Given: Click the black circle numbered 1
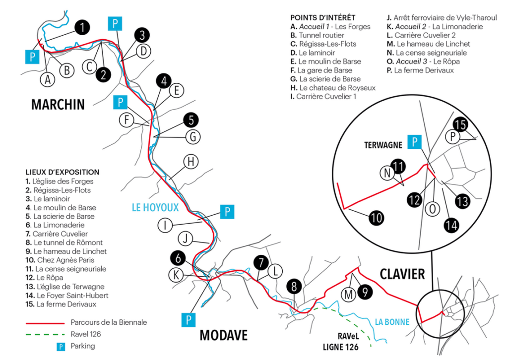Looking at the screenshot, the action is pos(82,27).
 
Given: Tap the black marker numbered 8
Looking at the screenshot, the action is pos(294,286).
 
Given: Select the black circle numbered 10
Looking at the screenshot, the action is pos(377,218).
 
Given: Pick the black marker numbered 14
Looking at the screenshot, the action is pos(451,225).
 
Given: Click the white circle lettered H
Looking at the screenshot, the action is pos(191,161).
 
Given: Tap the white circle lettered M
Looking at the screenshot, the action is pos(348,295).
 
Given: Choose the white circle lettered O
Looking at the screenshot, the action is pos(433,209).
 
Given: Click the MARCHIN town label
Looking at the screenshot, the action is pos(58,105).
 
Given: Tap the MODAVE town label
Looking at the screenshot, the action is pos(224,335).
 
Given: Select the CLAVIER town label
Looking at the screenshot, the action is pos(402,274).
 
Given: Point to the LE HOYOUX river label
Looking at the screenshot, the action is pos(155,207).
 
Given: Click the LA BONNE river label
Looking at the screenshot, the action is pos(392,322).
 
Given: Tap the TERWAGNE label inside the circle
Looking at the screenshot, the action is pos(383,145).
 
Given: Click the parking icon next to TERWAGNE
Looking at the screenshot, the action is pos(414,142).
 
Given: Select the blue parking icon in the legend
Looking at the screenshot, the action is pos(61,347).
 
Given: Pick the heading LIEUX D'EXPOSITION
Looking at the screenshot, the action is pos(63,172).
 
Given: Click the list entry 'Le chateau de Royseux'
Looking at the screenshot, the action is pos(333,88).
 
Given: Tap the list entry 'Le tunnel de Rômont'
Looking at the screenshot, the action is pos(64,242).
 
